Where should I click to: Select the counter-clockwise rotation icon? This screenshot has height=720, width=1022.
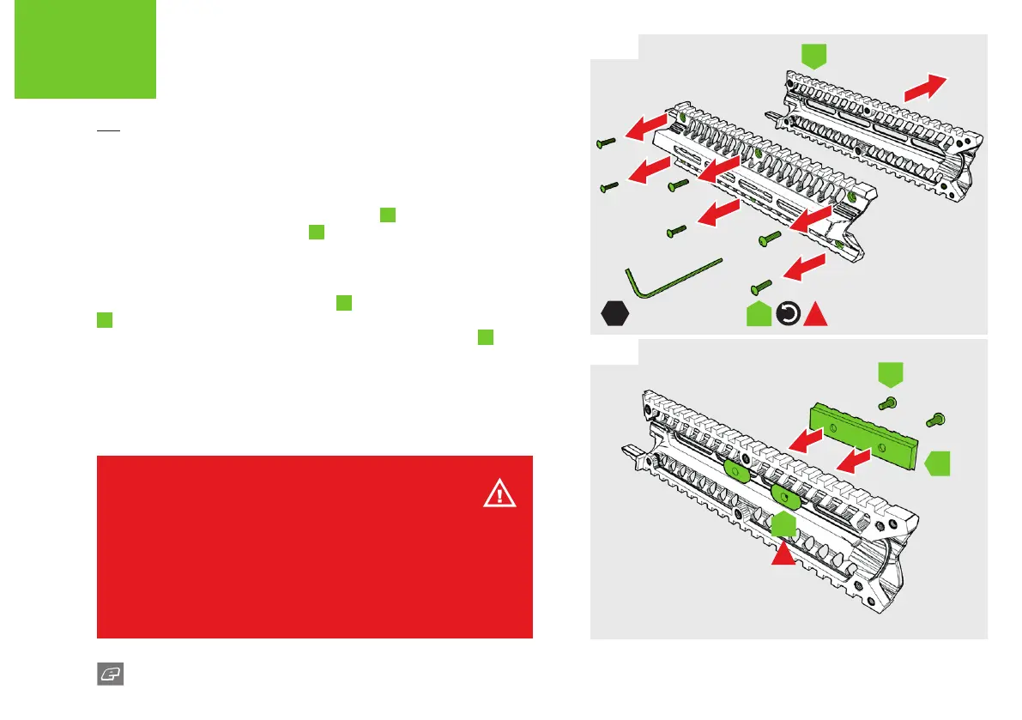(x=788, y=315)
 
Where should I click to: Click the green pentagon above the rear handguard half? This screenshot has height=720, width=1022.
(x=813, y=57)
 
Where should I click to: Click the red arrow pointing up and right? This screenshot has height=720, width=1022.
(x=925, y=88)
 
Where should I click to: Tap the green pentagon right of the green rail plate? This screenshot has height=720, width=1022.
(x=938, y=463)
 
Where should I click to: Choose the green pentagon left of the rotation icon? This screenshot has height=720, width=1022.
(x=759, y=315)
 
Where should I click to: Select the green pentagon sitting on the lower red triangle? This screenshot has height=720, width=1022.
(x=782, y=526)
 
